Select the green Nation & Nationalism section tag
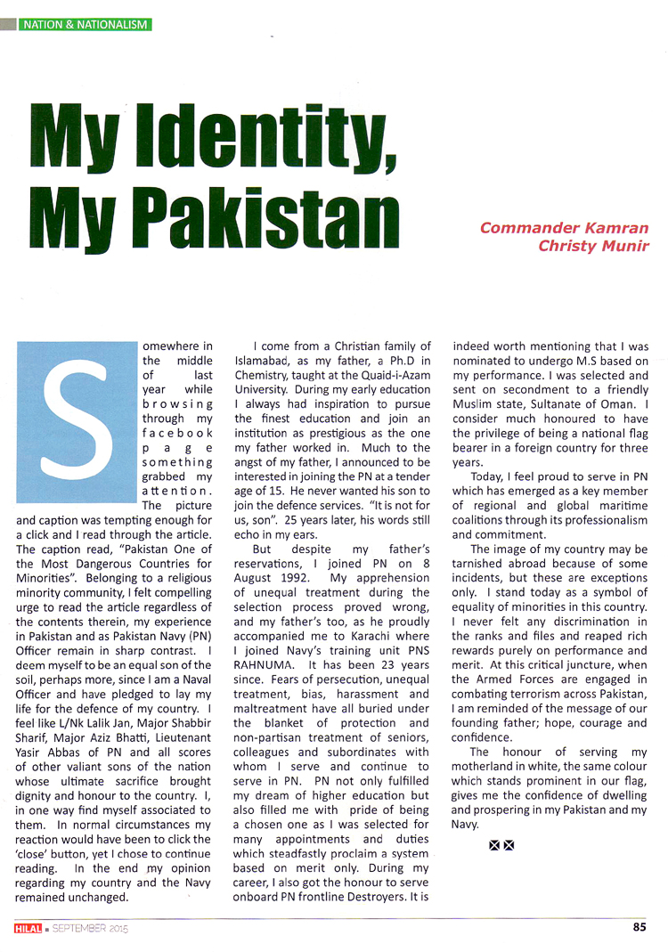pyautogui.click(x=86, y=25)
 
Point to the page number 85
pyautogui.click(x=639, y=927)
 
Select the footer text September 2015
pyautogui.click(x=90, y=929)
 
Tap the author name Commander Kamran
pyautogui.click(x=564, y=227)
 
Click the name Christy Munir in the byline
pyautogui.click(x=593, y=246)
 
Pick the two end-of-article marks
pyautogui.click(x=501, y=844)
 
